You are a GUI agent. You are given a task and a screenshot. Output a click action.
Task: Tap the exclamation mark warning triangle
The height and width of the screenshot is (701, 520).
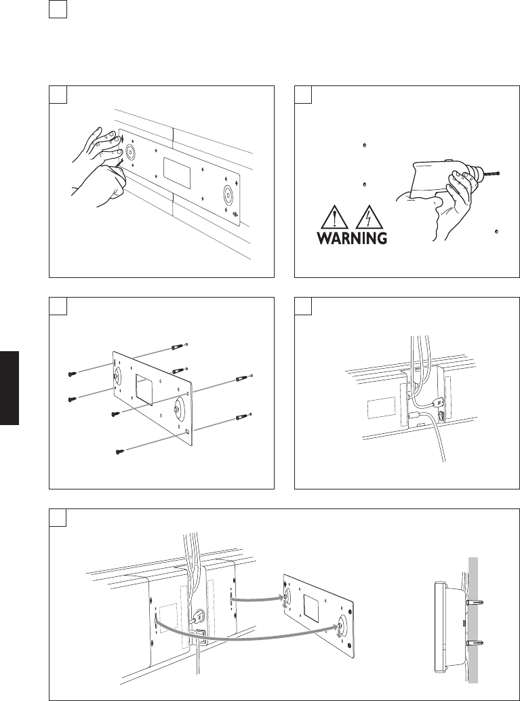pyautogui.click(x=338, y=218)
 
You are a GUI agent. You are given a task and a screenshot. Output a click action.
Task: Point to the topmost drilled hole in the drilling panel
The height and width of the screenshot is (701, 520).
pyautogui.click(x=365, y=145)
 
